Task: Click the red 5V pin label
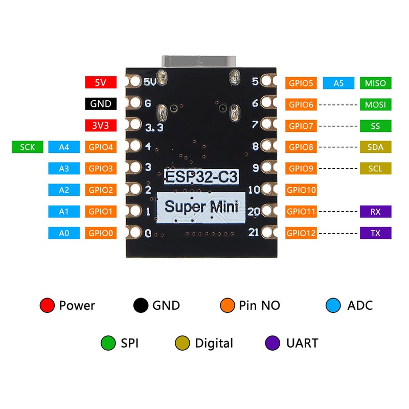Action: click(x=101, y=82)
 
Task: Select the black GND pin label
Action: click(x=101, y=104)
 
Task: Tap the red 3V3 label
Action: click(x=101, y=125)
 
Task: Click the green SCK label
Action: click(x=28, y=147)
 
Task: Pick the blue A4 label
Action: click(x=64, y=147)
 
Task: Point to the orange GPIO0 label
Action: click(x=101, y=233)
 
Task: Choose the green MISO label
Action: click(x=376, y=83)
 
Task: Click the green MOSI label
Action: click(x=376, y=104)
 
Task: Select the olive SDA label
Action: click(x=376, y=147)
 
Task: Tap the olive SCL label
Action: click(x=376, y=169)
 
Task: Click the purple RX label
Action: click(x=376, y=212)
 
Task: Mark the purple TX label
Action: click(x=376, y=233)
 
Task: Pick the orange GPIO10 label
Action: click(x=301, y=190)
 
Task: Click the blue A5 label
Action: click(x=338, y=83)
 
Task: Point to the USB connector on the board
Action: click(x=199, y=62)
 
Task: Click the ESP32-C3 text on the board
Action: click(x=201, y=176)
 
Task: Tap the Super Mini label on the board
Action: click(x=201, y=208)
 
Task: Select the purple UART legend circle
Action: click(x=272, y=343)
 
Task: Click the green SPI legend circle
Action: click(x=108, y=343)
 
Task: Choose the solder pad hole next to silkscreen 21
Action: click(x=266, y=232)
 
